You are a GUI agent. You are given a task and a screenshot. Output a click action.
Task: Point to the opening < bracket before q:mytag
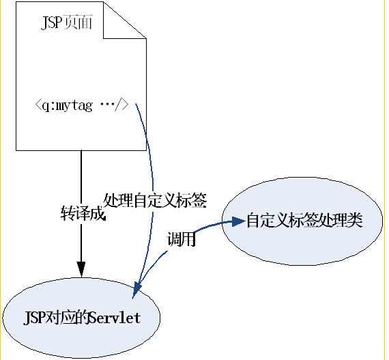[38, 107]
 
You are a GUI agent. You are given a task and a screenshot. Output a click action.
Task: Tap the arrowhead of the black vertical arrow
[81, 267]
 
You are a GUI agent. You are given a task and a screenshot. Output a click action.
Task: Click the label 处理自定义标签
[155, 200]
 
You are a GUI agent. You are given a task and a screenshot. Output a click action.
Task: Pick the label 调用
[182, 240]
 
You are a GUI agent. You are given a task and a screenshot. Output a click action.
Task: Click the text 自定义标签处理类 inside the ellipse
[304, 221]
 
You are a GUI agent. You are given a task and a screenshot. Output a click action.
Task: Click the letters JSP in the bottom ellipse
[33, 318]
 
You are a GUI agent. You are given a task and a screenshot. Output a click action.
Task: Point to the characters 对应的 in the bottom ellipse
[68, 318]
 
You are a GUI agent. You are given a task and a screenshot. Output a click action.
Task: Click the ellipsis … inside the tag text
[106, 107]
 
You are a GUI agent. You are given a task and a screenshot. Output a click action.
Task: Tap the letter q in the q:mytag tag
[46, 107]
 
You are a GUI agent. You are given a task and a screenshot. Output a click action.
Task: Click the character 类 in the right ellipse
[355, 221]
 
